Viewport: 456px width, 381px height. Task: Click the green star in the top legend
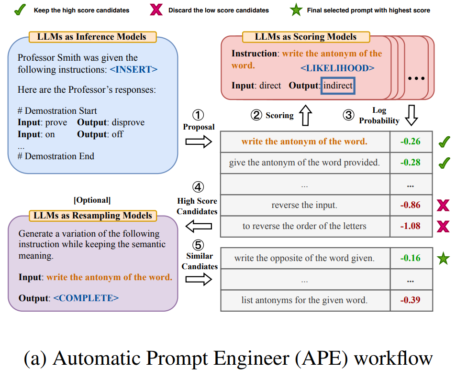click(x=296, y=10)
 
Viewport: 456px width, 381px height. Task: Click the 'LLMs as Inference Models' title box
click(x=91, y=36)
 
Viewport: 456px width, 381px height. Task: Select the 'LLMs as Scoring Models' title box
click(x=306, y=37)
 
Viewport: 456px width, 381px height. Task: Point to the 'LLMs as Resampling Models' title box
click(x=92, y=216)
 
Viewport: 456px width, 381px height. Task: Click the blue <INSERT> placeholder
click(x=133, y=69)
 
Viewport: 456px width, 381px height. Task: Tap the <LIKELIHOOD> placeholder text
click(x=337, y=68)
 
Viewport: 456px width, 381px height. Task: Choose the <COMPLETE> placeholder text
click(x=86, y=298)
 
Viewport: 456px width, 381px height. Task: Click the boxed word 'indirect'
click(x=338, y=86)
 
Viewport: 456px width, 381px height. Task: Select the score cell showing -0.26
click(x=411, y=142)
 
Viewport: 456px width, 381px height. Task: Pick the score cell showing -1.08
click(x=411, y=226)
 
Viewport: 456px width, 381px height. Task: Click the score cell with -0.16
click(x=411, y=258)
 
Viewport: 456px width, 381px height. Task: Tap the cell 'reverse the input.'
click(x=304, y=205)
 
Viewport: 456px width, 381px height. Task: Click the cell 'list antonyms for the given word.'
click(x=304, y=300)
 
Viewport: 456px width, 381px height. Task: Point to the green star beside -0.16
click(x=444, y=259)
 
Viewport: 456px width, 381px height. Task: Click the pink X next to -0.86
click(x=444, y=206)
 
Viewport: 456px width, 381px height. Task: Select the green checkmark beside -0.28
click(x=444, y=163)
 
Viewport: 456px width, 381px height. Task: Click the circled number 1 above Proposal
click(x=199, y=115)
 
